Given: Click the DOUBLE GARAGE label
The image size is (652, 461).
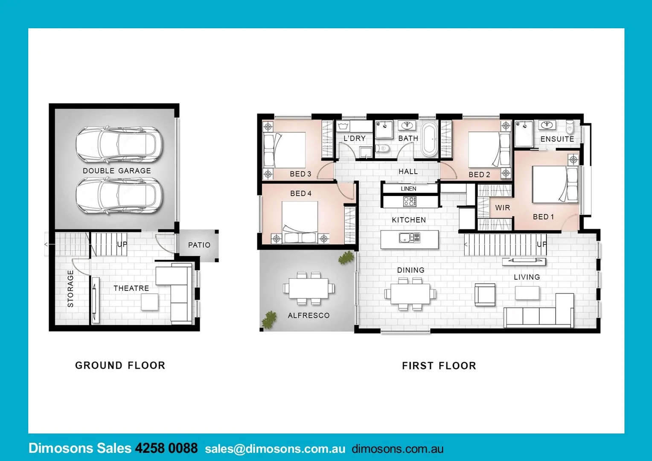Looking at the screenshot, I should [116, 171].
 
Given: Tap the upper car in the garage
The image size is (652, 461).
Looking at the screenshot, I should [119, 145].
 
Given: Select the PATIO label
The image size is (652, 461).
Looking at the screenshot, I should [199, 245].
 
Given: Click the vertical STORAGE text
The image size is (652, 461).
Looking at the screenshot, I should [71, 289].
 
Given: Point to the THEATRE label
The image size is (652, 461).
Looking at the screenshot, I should [131, 289].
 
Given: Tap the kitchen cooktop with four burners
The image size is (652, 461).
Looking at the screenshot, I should [410, 201].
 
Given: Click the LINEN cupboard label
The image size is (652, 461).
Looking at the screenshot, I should [408, 189].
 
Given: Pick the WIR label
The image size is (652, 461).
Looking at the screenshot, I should [502, 208].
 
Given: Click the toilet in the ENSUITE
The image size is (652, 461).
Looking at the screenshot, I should [570, 127].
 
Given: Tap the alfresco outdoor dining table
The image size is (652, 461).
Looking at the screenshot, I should [309, 289].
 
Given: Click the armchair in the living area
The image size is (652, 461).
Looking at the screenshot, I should [485, 295].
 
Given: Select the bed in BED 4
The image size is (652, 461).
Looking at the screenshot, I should [300, 222].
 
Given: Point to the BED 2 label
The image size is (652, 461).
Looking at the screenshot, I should [479, 175].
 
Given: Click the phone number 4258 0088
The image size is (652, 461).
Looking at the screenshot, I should [166, 448].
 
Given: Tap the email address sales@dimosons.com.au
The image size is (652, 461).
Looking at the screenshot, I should [275, 449].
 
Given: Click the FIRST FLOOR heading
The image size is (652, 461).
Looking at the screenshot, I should [439, 366].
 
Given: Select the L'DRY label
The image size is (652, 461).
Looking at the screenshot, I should [355, 138].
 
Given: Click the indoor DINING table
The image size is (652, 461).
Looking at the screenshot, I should [410, 294].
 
